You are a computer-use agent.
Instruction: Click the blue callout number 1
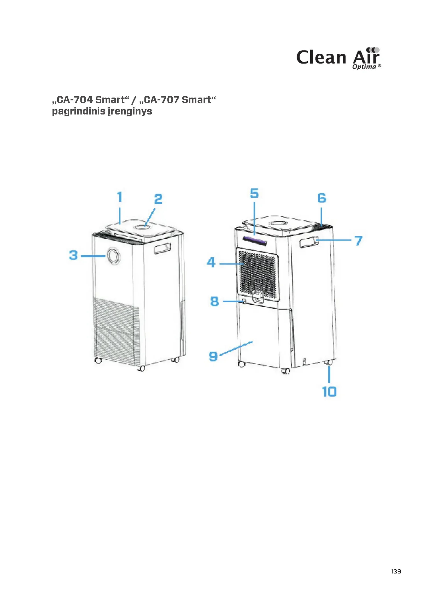pos(120,197)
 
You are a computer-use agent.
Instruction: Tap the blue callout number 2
pos(158,199)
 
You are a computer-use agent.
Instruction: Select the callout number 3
pos(73,255)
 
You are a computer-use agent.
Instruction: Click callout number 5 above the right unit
pos(254,193)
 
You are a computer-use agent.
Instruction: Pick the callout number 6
pos(322,198)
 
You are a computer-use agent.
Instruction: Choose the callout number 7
pos(359,241)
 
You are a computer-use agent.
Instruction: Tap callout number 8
pos(214,301)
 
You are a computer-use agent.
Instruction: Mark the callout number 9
pos(213,356)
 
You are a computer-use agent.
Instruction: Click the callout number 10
pos(329,392)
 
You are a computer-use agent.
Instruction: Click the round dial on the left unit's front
pos(113,256)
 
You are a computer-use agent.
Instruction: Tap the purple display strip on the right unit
pos(254,241)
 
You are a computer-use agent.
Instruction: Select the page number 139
pos(396,571)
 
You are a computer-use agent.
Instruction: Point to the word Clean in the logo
pos(321,57)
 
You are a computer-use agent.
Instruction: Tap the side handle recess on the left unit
pos(162,248)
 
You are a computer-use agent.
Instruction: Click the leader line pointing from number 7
pos(334,240)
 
